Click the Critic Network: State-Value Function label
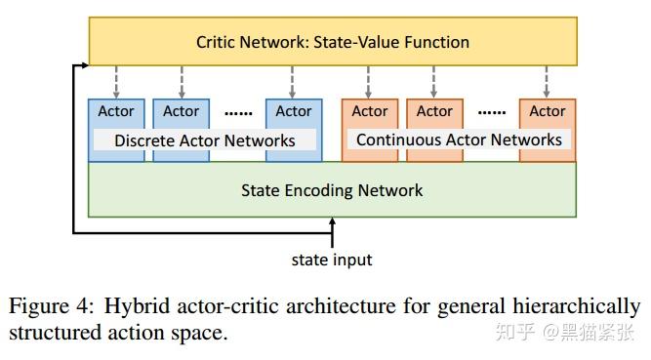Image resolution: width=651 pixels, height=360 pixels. click(x=333, y=42)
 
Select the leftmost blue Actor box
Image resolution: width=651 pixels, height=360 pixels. click(x=116, y=111)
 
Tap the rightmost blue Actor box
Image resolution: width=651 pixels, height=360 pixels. click(x=294, y=111)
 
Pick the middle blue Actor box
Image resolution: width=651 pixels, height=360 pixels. click(x=181, y=111)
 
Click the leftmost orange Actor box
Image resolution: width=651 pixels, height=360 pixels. click(x=370, y=111)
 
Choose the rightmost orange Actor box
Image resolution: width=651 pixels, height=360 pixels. click(x=548, y=111)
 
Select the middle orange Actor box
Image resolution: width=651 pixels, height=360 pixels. click(x=434, y=111)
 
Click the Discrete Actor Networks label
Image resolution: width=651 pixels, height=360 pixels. click(x=205, y=140)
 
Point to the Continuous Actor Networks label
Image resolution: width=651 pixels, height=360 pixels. click(x=459, y=140)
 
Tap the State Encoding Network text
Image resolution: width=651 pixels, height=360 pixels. click(x=332, y=190)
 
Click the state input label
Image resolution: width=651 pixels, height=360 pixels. click(x=332, y=260)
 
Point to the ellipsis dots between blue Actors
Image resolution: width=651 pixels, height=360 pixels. click(x=238, y=113)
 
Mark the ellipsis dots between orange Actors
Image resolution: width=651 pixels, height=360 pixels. click(x=492, y=113)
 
